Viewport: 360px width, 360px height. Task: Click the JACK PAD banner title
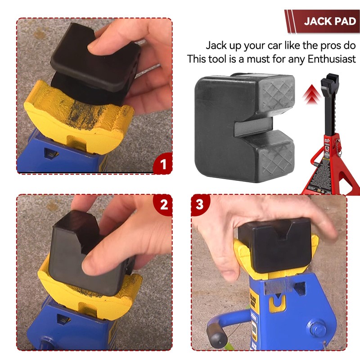tap(329, 21)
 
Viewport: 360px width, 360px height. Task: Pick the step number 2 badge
tap(164, 205)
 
